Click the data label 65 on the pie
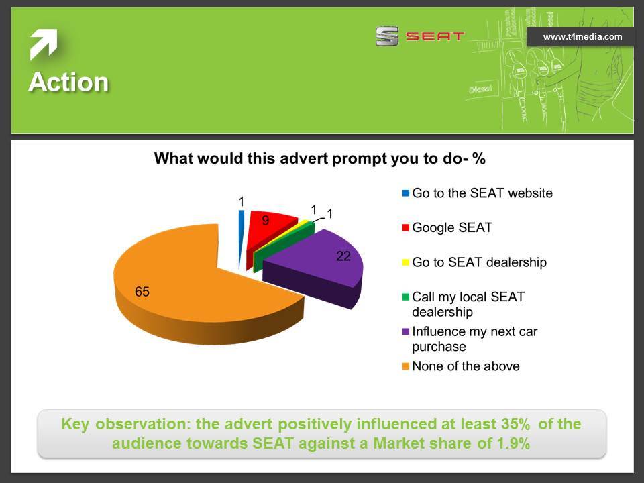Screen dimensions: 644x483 pos(142,292)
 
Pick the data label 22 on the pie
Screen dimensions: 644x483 pos(343,256)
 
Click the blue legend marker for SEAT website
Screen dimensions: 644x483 pos(406,193)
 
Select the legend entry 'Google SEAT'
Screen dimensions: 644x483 pos(447,227)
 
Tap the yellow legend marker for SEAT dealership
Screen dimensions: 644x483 pos(406,262)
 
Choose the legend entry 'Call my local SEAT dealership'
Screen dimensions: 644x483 pos(464,305)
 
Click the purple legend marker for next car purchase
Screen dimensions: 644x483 pos(406,331)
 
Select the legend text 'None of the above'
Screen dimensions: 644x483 pos(466,366)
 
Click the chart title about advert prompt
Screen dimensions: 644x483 pos(320,158)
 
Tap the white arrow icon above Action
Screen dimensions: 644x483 pos(44,44)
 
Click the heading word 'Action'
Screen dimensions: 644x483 pos(68,82)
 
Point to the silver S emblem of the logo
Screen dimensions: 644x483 pos(387,36)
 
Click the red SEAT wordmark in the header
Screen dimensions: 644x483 pos(435,36)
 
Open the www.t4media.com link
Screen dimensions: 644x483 pos(582,36)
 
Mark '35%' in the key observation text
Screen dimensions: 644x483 pos(515,424)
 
